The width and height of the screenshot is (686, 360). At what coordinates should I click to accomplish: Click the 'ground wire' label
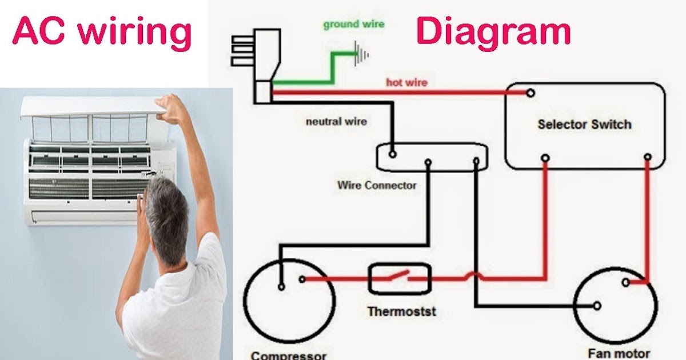pyautogui.click(x=353, y=25)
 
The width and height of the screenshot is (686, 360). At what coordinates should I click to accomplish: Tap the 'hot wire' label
pyautogui.click(x=406, y=83)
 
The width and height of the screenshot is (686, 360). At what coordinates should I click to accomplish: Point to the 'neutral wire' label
pyautogui.click(x=336, y=121)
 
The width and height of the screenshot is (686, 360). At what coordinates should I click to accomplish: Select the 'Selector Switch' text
pyautogui.click(x=584, y=124)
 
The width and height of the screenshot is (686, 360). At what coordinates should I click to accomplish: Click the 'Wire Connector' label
pyautogui.click(x=377, y=185)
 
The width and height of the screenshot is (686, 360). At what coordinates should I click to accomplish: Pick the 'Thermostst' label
pyautogui.click(x=401, y=311)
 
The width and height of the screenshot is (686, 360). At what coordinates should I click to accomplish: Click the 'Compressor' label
pyautogui.click(x=289, y=355)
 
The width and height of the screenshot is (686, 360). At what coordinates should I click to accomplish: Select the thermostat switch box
pyautogui.click(x=399, y=279)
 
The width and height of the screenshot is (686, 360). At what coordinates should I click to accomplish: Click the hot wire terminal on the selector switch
pyautogui.click(x=531, y=93)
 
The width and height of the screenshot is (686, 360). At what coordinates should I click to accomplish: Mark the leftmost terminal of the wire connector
pyautogui.click(x=392, y=154)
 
